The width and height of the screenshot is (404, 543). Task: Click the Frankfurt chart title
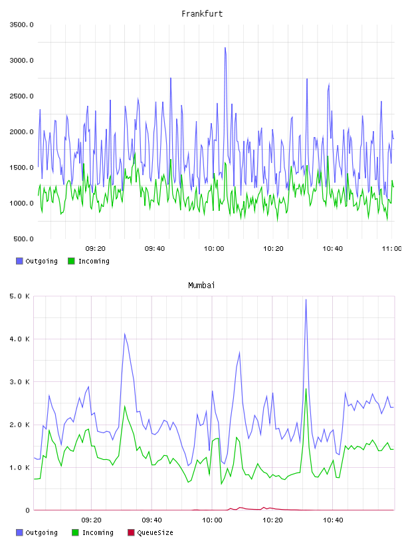(x=202, y=14)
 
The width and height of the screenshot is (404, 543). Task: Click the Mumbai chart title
(x=201, y=285)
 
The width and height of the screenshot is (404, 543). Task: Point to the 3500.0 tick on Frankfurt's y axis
(x=22, y=25)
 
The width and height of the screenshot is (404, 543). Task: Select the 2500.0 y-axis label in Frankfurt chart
(x=22, y=96)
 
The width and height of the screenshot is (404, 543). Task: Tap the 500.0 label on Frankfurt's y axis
(x=23, y=239)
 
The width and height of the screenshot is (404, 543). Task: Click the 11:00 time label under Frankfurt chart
(x=391, y=248)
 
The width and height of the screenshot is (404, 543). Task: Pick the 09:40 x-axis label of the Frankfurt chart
(x=155, y=248)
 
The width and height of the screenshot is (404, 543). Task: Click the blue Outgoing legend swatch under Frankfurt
(x=19, y=261)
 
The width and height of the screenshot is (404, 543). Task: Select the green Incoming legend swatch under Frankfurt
(x=71, y=261)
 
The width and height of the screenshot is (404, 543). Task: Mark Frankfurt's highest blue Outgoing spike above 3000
(x=225, y=48)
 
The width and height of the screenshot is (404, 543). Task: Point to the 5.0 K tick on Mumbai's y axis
(x=20, y=296)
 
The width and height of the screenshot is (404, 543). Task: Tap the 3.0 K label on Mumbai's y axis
(x=20, y=381)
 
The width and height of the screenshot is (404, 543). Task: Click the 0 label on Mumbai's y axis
(x=28, y=510)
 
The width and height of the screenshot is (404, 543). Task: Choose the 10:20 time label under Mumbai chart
(x=272, y=520)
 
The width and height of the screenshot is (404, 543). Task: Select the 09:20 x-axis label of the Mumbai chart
(x=91, y=520)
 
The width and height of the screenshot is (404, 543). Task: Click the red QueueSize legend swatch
(x=131, y=532)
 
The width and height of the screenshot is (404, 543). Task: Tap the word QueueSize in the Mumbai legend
(x=155, y=532)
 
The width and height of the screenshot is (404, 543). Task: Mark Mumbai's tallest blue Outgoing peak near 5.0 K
(x=306, y=300)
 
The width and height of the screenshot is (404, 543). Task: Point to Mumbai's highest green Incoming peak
(x=306, y=389)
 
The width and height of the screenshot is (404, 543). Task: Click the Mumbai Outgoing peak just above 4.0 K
(x=124, y=334)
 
